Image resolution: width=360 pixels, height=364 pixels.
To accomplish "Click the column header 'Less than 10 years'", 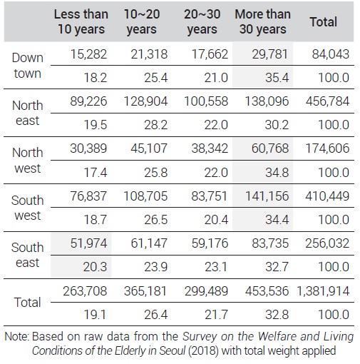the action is point(81,21).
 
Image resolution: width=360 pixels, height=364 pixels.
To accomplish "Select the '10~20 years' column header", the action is point(142,21).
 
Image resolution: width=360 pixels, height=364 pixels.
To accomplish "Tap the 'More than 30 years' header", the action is point(262,21).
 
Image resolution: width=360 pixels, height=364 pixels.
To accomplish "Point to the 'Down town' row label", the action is point(28,66).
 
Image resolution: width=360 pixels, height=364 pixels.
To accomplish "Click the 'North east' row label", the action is point(28,113).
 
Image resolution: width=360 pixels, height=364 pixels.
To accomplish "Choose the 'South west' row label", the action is point(28,208).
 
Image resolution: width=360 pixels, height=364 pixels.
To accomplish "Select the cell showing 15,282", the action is point(88,54).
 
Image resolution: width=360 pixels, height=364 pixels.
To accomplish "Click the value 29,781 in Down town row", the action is point(270,54).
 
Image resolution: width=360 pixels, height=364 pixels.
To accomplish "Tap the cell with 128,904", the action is point(145,101).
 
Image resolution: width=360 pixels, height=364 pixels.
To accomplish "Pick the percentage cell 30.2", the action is point(277,125).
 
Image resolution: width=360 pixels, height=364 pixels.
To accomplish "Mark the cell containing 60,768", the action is point(270,148).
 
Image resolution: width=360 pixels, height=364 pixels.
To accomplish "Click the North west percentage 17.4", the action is point(96,173).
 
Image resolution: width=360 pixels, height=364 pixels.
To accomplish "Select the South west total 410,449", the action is point(327,196).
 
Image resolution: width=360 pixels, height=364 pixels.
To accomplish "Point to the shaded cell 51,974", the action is point(88,243).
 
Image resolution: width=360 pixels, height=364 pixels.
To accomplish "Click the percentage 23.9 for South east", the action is point(156,267).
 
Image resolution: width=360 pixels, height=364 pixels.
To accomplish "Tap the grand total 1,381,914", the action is point(323,291).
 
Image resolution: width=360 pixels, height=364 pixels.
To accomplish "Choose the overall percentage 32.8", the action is point(277,315).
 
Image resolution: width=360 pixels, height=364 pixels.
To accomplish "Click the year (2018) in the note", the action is point(203,350).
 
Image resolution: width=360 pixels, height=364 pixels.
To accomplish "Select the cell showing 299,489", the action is point(206,291).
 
